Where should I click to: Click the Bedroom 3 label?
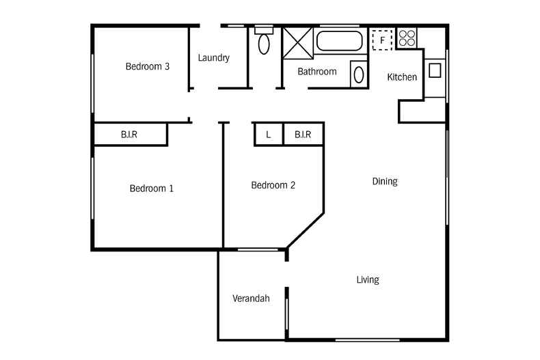(147, 67)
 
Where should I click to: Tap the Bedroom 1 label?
(151, 188)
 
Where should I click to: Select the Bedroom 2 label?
(273, 185)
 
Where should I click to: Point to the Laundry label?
(213, 58)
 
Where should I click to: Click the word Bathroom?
(316, 72)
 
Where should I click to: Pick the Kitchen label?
(402, 77)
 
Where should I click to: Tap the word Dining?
(385, 182)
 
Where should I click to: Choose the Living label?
(368, 279)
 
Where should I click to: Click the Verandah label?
(251, 299)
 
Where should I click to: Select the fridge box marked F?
(382, 40)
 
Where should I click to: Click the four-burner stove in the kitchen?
(407, 38)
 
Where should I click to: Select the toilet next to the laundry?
(263, 42)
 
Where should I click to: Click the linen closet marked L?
(269, 134)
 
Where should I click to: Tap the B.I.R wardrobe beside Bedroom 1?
(130, 135)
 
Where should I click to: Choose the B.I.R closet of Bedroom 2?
(303, 134)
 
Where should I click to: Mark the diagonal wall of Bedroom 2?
(306, 230)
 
